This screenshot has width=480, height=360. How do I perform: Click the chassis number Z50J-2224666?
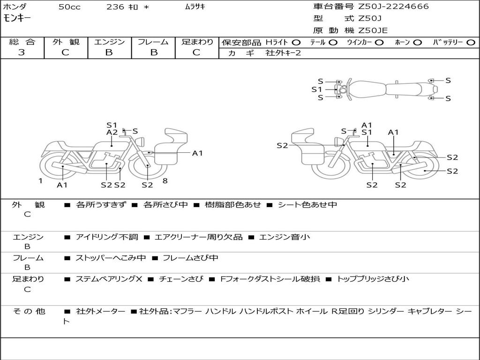(x=393, y=7)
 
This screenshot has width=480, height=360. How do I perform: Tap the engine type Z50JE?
(x=373, y=30)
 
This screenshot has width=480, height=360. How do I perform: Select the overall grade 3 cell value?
(x=22, y=52)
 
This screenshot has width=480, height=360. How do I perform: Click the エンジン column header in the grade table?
(x=109, y=42)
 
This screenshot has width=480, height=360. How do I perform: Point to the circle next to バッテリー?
(x=471, y=43)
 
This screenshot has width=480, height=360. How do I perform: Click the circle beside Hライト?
(x=296, y=43)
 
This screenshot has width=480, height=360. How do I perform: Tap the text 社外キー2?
(x=283, y=53)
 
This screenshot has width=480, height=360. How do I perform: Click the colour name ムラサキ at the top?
(x=195, y=7)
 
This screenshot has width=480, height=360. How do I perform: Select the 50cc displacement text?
(x=69, y=7)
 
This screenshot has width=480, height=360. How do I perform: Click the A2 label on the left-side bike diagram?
(x=112, y=132)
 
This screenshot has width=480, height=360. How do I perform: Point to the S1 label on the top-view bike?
(x=316, y=90)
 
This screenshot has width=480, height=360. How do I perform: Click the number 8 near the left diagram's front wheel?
(x=165, y=181)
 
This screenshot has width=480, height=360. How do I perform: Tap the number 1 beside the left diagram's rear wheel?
(x=40, y=181)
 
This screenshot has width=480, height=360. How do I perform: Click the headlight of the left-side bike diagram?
(x=141, y=142)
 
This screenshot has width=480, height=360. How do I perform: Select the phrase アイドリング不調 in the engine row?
(x=107, y=237)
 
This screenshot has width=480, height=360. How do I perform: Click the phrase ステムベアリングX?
(x=109, y=279)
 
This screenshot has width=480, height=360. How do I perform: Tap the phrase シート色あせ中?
(x=307, y=204)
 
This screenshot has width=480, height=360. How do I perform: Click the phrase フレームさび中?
(x=190, y=258)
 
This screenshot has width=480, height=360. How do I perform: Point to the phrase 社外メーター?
(x=100, y=311)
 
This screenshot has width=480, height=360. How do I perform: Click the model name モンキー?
(x=17, y=18)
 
